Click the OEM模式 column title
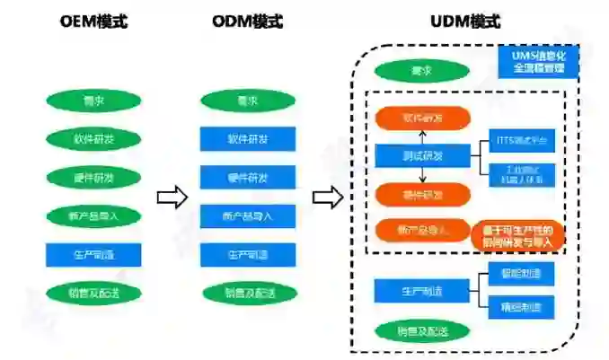tap(93, 21)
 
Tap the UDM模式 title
tap(464, 21)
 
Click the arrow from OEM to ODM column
tap(172, 197)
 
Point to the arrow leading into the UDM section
tap(328, 197)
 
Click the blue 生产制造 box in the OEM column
tap(93, 254)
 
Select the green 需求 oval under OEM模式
tap(93, 100)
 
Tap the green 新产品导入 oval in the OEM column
tap(93, 216)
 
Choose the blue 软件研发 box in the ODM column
tap(248, 139)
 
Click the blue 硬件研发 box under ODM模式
tap(248, 178)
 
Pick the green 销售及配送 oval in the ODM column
tap(248, 293)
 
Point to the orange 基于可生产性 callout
tap(517, 235)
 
